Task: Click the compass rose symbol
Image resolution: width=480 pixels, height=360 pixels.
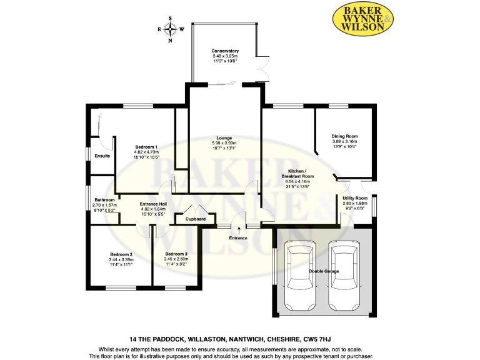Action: [170, 29]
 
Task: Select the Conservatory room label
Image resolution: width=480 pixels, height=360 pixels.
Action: [225, 51]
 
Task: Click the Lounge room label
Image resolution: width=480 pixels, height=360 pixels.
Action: [224, 138]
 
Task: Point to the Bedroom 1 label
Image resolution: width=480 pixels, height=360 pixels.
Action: [146, 147]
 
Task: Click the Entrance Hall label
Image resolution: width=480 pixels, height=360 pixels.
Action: [153, 204]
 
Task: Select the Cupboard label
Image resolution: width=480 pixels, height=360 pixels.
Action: [188, 219]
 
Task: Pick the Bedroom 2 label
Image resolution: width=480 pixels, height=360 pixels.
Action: [121, 254]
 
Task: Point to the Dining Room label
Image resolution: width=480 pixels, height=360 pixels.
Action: [344, 136]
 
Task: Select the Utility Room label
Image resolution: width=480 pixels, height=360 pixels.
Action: [355, 198]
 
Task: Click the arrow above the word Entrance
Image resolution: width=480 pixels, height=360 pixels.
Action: [238, 231]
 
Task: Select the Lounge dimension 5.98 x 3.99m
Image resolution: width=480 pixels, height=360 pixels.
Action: [224, 144]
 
